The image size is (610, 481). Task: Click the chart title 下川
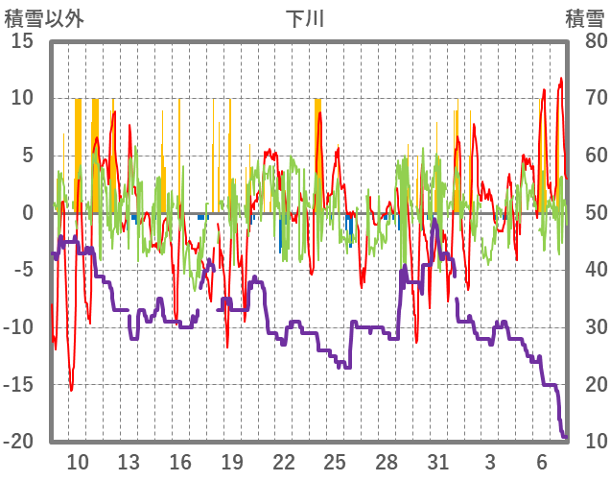(x=305, y=18)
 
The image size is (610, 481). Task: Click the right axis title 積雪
(x=584, y=18)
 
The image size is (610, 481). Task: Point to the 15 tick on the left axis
(x=23, y=41)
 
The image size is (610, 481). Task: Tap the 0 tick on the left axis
(x=28, y=213)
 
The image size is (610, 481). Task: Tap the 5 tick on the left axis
(x=28, y=156)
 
